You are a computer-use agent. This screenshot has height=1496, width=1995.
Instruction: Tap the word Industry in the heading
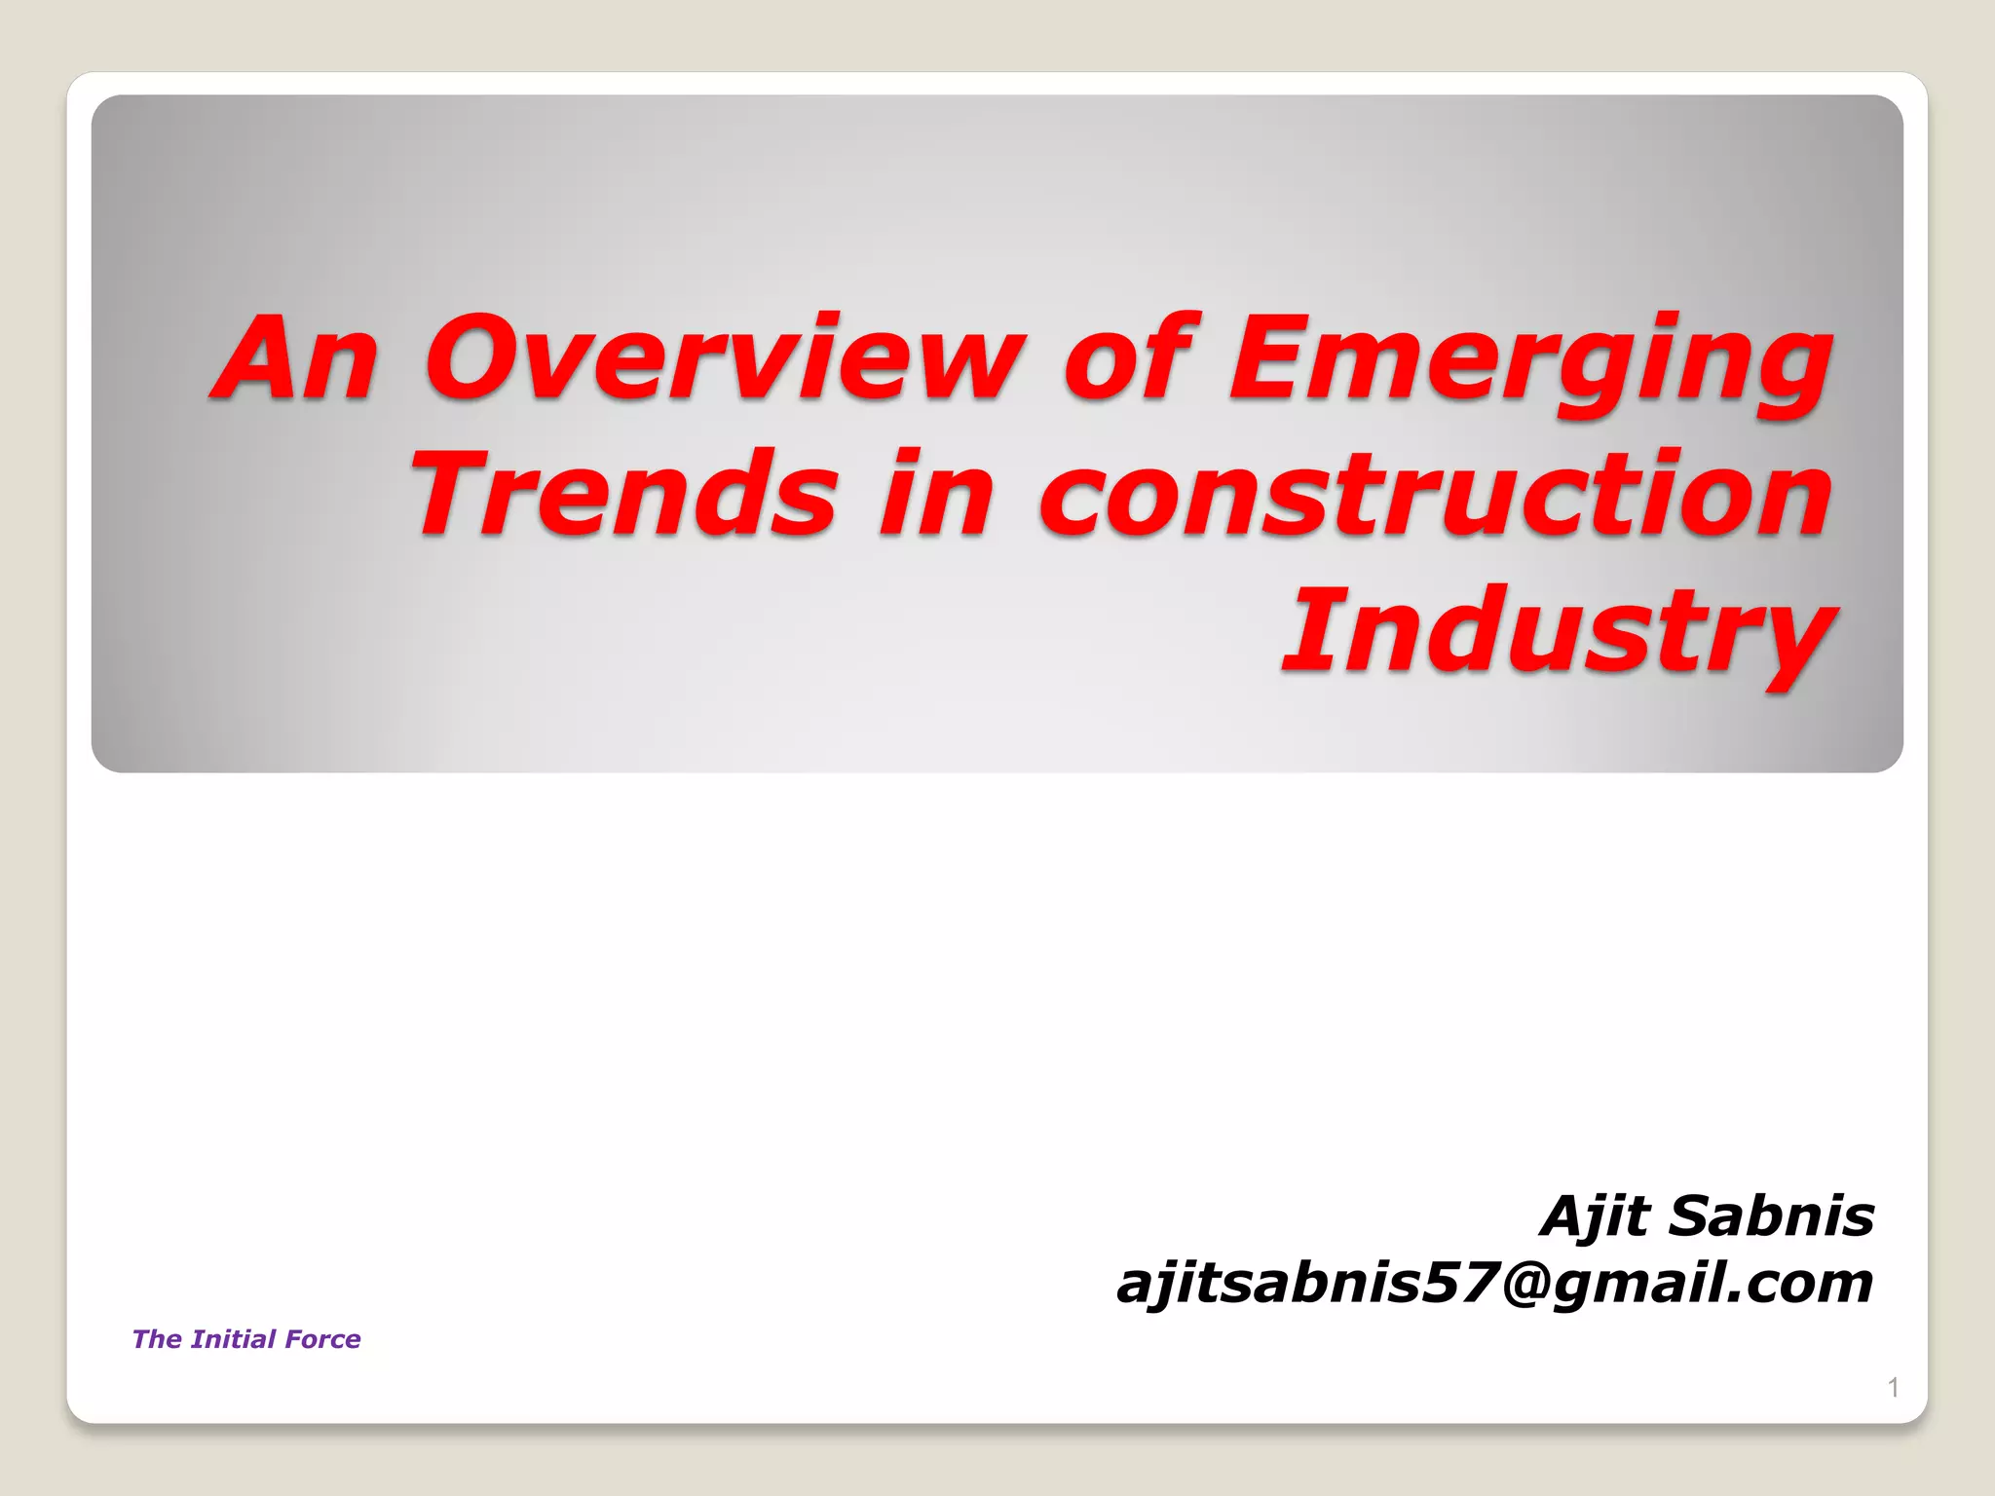[x=1559, y=633]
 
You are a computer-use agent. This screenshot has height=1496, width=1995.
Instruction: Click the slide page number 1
[x=1893, y=1387]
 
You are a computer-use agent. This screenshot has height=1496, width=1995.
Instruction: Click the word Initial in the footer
[x=234, y=1339]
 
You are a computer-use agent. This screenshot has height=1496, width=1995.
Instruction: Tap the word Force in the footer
[x=323, y=1339]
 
